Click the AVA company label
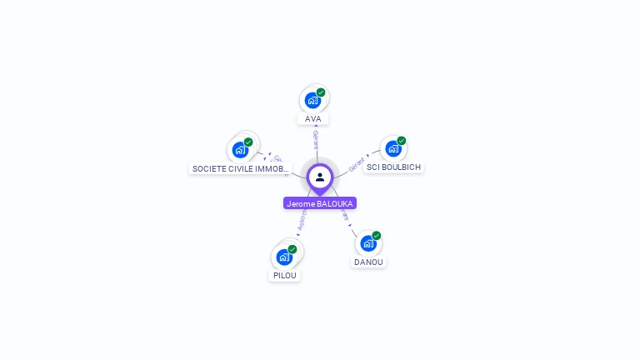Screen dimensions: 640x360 pyautogui.click(x=313, y=119)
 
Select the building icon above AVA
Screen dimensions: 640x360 pyautogui.click(x=312, y=101)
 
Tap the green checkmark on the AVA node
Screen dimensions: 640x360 pyautogui.click(x=321, y=92)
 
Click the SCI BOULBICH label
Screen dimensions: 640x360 pyautogui.click(x=393, y=167)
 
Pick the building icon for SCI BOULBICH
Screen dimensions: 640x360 pyautogui.click(x=392, y=149)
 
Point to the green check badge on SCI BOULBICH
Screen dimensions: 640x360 pyautogui.click(x=401, y=141)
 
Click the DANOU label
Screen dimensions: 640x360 pyautogui.click(x=368, y=262)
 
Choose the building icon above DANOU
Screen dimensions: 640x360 pyautogui.click(x=367, y=244)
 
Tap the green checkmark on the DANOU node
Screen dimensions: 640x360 pyautogui.click(x=376, y=236)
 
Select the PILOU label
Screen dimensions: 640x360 pyautogui.click(x=284, y=275)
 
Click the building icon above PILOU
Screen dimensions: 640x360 pyautogui.click(x=283, y=257)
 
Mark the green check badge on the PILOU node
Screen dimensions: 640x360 pyautogui.click(x=292, y=249)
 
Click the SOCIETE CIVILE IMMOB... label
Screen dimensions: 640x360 pyautogui.click(x=240, y=168)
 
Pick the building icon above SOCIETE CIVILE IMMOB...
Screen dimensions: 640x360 pyautogui.click(x=240, y=151)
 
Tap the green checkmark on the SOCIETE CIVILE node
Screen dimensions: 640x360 pyautogui.click(x=248, y=142)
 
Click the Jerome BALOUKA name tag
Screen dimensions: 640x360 pyautogui.click(x=320, y=203)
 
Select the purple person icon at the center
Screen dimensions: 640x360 pyautogui.click(x=320, y=177)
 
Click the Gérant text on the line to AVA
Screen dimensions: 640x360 pyautogui.click(x=316, y=137)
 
